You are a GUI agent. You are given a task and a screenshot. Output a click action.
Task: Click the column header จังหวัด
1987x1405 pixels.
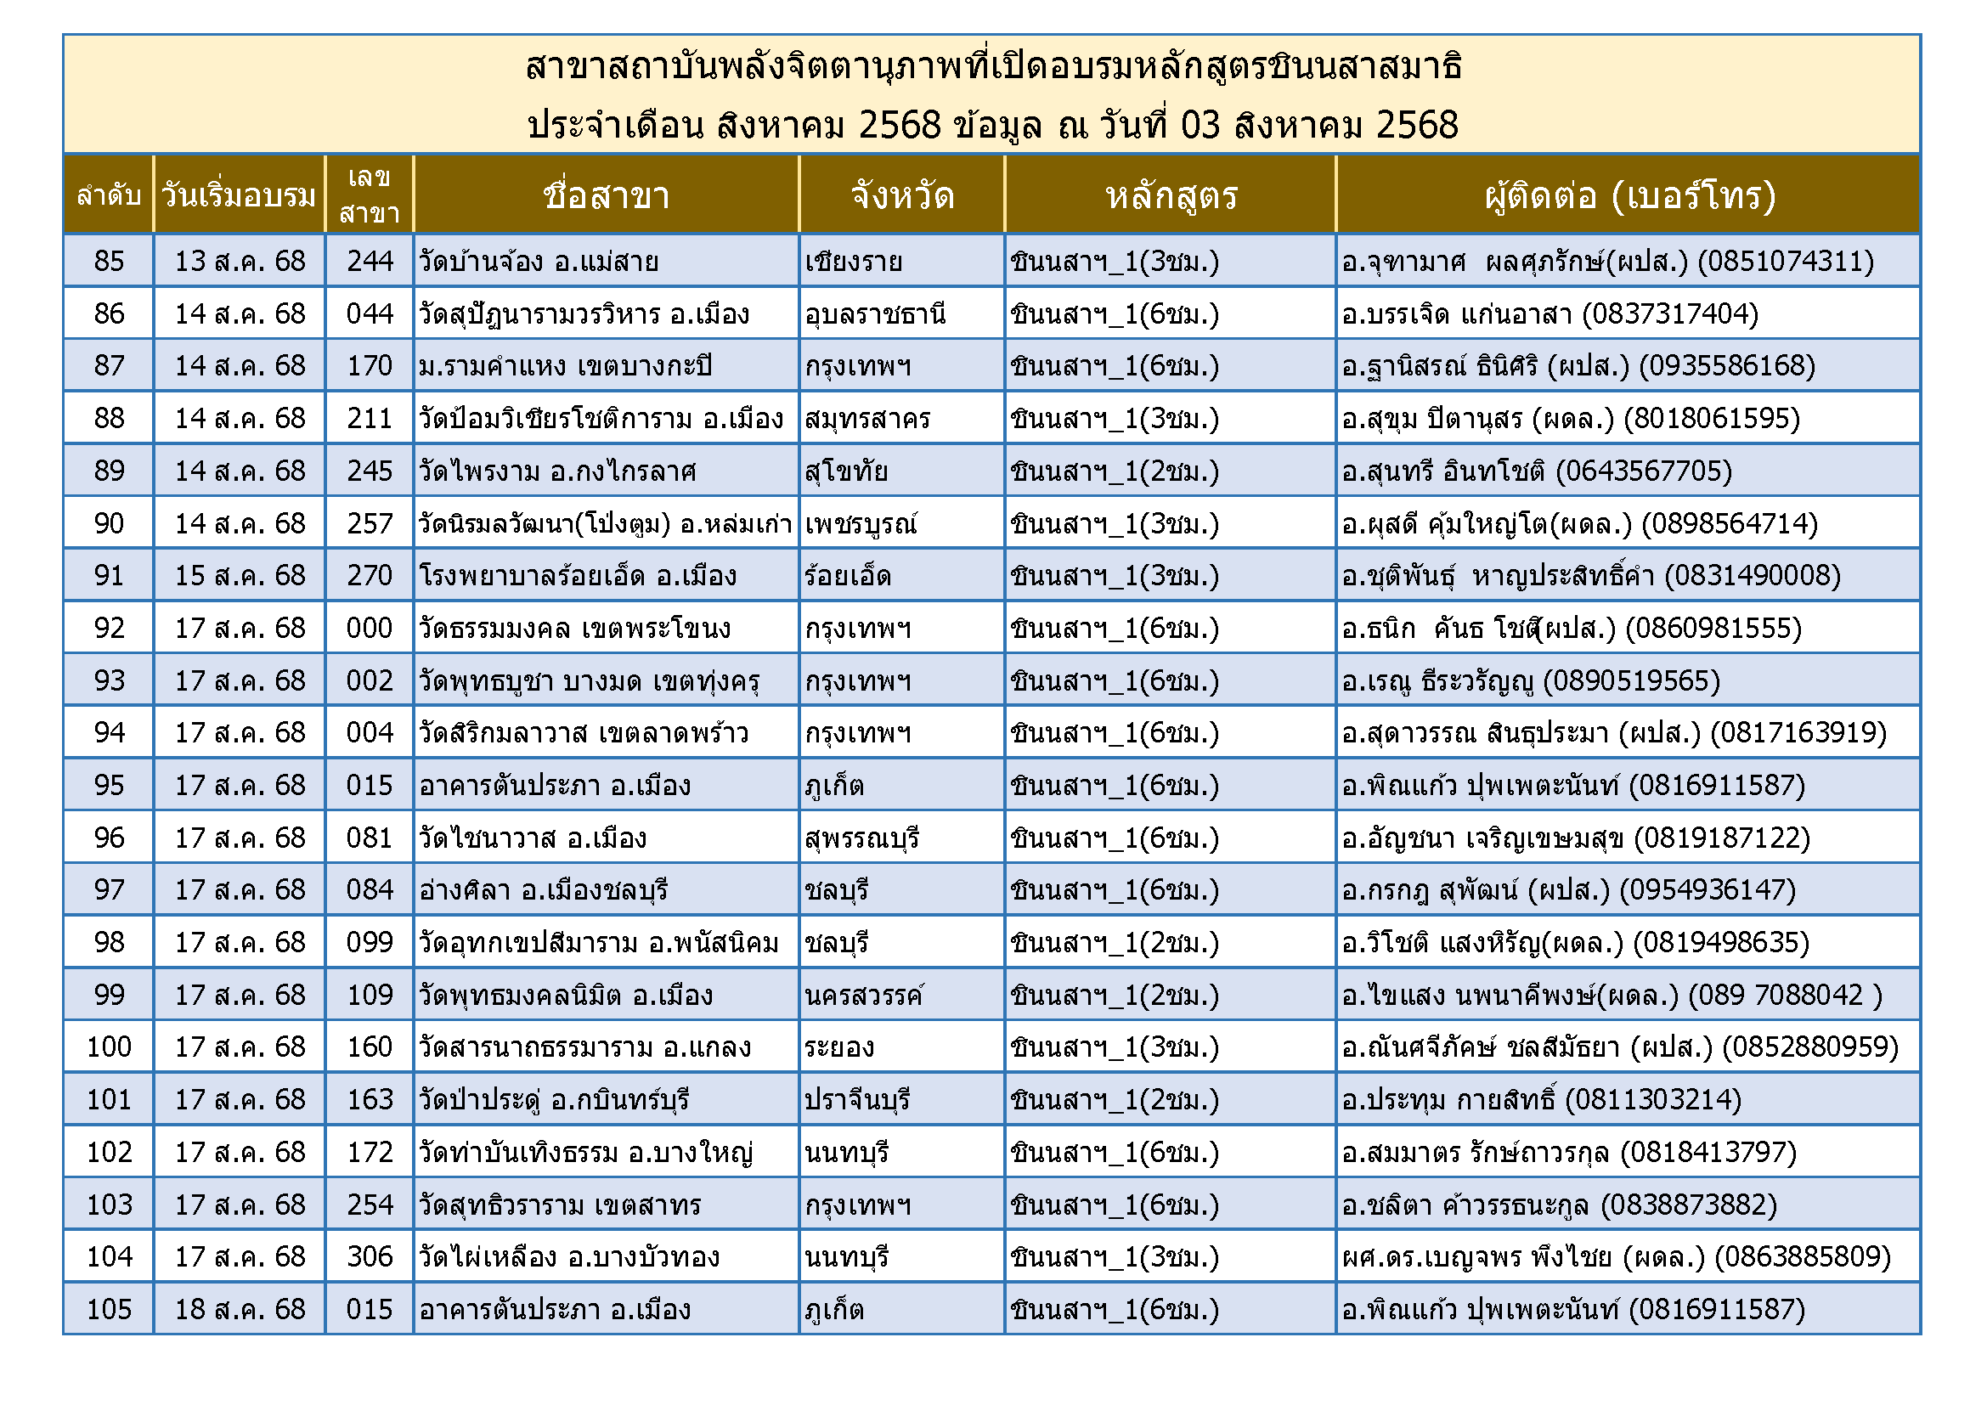point(902,195)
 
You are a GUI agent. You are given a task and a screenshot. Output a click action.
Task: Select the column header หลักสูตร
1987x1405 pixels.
point(1171,195)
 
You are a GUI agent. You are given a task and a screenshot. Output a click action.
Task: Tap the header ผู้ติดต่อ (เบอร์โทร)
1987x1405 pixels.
point(1629,195)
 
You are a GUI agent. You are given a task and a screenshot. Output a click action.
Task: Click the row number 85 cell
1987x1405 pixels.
point(109,262)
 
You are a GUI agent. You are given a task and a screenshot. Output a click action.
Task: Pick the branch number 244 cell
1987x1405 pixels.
point(370,262)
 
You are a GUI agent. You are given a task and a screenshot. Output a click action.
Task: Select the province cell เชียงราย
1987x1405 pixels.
point(853,262)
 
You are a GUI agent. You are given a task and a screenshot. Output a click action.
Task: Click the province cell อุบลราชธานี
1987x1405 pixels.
point(875,314)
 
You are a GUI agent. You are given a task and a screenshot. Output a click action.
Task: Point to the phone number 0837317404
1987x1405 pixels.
point(1670,314)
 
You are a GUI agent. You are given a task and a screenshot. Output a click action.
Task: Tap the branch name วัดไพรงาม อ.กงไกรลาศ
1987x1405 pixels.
point(557,471)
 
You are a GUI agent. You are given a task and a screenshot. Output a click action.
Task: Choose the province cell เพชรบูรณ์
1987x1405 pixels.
point(861,524)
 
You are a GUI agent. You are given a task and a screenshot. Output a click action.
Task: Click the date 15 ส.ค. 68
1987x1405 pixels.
point(240,576)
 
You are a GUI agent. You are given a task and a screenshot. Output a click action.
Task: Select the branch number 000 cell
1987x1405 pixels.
point(370,629)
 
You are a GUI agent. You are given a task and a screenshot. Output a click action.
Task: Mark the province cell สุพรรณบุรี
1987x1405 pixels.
point(862,838)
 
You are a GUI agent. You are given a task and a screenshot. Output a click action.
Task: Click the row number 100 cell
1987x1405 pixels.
point(109,1047)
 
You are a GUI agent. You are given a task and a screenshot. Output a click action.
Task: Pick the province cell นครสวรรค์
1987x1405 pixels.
point(864,996)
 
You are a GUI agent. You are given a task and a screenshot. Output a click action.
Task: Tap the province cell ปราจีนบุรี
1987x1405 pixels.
point(858,1100)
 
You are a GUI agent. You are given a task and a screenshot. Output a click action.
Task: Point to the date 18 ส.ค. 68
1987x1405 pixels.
point(240,1310)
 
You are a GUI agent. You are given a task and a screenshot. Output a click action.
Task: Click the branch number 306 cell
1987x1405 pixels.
point(370,1257)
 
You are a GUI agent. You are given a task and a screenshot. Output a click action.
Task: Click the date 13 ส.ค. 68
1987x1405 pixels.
point(240,262)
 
